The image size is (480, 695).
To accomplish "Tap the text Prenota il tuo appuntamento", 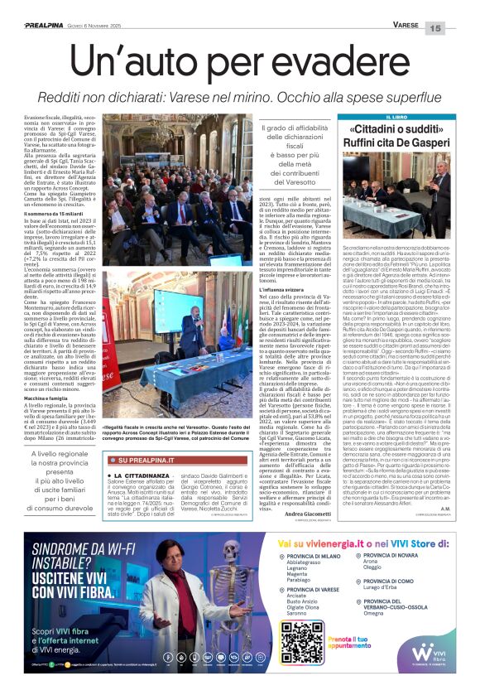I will [x=341, y=643].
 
